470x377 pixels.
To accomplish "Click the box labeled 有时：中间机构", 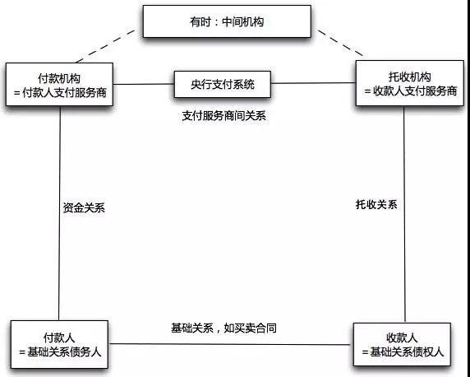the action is [x=227, y=21].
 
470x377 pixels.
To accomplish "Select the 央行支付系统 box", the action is [x=223, y=85].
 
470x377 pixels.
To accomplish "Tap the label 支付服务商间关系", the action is [x=224, y=116].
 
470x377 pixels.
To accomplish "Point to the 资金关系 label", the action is [x=84, y=208].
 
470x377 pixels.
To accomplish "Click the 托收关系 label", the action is [x=376, y=205].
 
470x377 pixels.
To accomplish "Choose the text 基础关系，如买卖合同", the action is [x=223, y=328].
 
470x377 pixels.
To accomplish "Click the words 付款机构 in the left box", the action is [x=59, y=78].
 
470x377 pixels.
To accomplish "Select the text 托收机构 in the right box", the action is [x=410, y=77].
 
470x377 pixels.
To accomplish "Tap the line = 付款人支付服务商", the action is [x=60, y=92].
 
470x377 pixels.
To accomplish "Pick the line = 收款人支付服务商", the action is [x=410, y=91].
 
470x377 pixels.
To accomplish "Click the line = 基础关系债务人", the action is [x=60, y=351].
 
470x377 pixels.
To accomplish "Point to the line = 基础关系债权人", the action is [x=403, y=351].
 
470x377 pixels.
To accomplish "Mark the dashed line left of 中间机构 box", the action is [x=106, y=46].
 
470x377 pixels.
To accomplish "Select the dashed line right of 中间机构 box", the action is [x=340, y=43].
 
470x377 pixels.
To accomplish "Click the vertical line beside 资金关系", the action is [x=59, y=213].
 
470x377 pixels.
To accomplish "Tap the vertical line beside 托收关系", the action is [x=404, y=214].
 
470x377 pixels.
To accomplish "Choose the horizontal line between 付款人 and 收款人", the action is [x=231, y=344].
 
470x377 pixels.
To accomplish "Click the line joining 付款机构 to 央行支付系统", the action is [x=144, y=84].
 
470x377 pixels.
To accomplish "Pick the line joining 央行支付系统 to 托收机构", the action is [x=313, y=83].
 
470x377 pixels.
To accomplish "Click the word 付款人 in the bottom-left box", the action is [x=59, y=337].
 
